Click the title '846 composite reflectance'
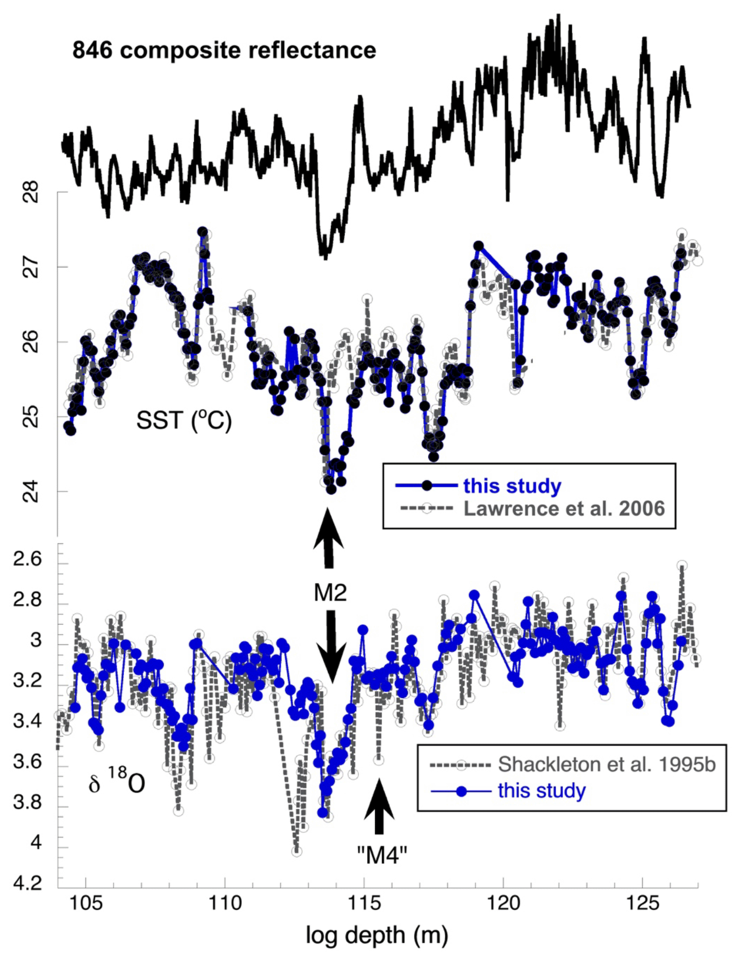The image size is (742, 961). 224,50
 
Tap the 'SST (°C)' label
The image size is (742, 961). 184,421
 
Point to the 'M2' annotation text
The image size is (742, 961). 330,593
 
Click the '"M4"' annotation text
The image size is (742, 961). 382,855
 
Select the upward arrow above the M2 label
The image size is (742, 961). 329,537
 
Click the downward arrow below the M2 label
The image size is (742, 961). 331,645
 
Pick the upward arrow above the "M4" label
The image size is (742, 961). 379,806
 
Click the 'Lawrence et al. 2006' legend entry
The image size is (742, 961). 564,509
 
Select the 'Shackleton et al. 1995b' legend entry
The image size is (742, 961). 606,765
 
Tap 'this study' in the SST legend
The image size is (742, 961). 512,485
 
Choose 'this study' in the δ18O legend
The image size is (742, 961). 541,790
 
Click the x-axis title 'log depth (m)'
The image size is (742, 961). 376,936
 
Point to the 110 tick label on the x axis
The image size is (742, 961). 225,903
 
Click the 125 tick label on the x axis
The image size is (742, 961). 643,903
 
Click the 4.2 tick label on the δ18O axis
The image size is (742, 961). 27,883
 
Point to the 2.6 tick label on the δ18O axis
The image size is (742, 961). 27,558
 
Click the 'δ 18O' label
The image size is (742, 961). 117,782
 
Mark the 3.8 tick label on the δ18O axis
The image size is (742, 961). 27,802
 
